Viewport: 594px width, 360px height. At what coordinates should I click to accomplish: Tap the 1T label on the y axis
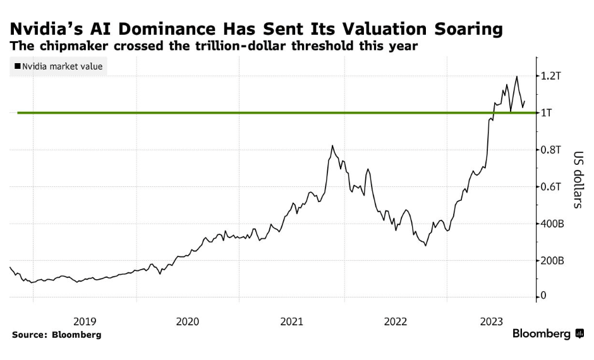[x=549, y=113]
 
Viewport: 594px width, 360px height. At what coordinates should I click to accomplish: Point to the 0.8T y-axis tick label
[x=552, y=150]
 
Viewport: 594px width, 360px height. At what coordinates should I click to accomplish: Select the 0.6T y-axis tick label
[x=552, y=187]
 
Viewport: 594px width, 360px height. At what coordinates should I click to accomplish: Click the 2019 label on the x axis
[x=85, y=321]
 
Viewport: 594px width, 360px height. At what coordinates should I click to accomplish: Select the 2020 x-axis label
[x=188, y=321]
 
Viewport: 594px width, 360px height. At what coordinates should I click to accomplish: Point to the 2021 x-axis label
[x=291, y=321]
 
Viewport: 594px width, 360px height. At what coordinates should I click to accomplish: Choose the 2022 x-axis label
[x=395, y=321]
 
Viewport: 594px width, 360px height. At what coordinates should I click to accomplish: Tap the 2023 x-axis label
[x=498, y=321]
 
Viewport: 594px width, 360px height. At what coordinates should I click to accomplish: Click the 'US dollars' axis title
[x=578, y=180]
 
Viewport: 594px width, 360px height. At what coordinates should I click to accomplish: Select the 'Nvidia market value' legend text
[x=62, y=66]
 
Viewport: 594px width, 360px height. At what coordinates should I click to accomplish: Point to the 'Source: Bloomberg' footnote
[x=56, y=335]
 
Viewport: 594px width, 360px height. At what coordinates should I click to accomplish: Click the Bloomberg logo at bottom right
[x=547, y=333]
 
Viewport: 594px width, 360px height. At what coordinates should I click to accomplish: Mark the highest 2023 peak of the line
[x=517, y=76]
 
